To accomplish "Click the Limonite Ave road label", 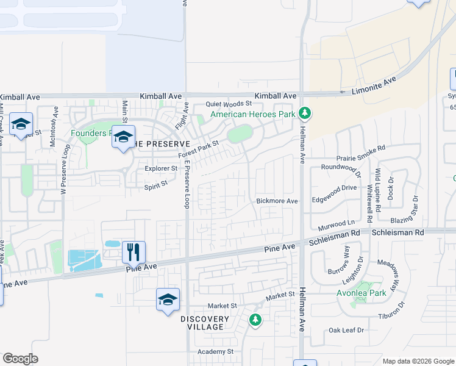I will (x=374, y=84).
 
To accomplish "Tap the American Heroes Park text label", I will (x=253, y=114).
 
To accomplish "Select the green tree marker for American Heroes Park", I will (x=305, y=113).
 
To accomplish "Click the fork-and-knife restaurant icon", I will (x=134, y=251).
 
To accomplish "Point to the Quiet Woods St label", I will (x=229, y=104).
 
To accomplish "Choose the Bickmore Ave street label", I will (x=277, y=201).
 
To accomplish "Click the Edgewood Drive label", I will (x=335, y=188).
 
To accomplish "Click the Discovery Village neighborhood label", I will (x=205, y=323).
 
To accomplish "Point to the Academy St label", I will (x=216, y=351).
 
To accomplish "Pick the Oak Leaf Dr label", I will (x=346, y=330).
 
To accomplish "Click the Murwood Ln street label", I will (x=337, y=223).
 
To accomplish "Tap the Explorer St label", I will (x=161, y=168).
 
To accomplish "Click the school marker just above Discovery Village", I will (x=168, y=300).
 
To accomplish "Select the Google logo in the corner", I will (x=20, y=359).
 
